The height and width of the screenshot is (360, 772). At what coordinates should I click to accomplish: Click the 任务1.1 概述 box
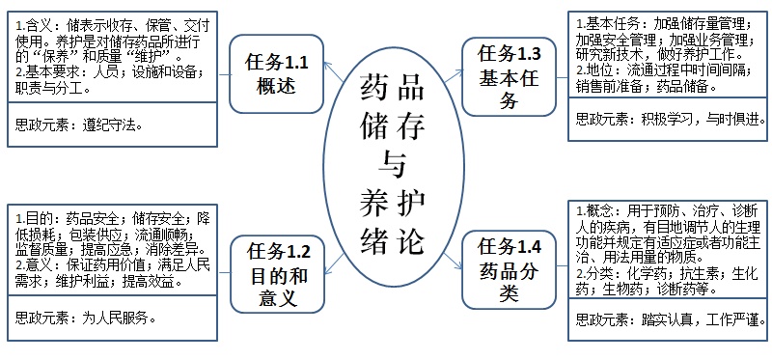[276, 73]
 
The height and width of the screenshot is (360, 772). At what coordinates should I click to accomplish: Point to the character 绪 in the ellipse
[372, 240]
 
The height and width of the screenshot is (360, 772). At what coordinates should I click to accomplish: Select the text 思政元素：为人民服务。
[81, 316]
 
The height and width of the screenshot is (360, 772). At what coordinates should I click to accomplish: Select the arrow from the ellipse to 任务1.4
[446, 246]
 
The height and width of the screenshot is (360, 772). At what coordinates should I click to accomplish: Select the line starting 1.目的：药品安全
[111, 218]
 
